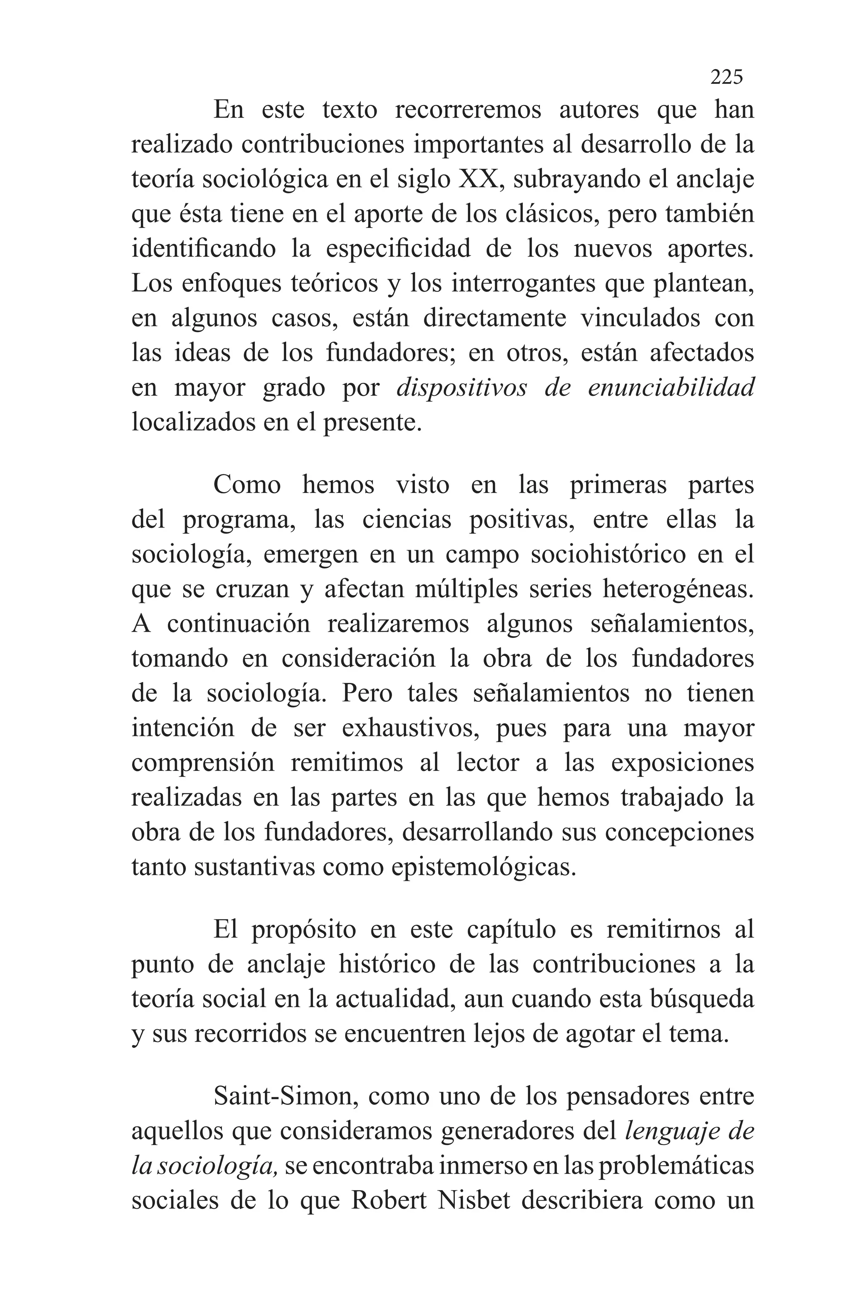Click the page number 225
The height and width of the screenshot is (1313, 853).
click(726, 77)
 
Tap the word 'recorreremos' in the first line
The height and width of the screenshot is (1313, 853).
click(468, 110)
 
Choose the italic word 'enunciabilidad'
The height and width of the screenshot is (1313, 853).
click(671, 388)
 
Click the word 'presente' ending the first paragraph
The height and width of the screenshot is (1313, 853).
click(371, 423)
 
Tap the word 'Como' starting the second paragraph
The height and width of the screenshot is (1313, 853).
click(247, 485)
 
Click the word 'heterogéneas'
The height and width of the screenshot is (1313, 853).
click(678, 590)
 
